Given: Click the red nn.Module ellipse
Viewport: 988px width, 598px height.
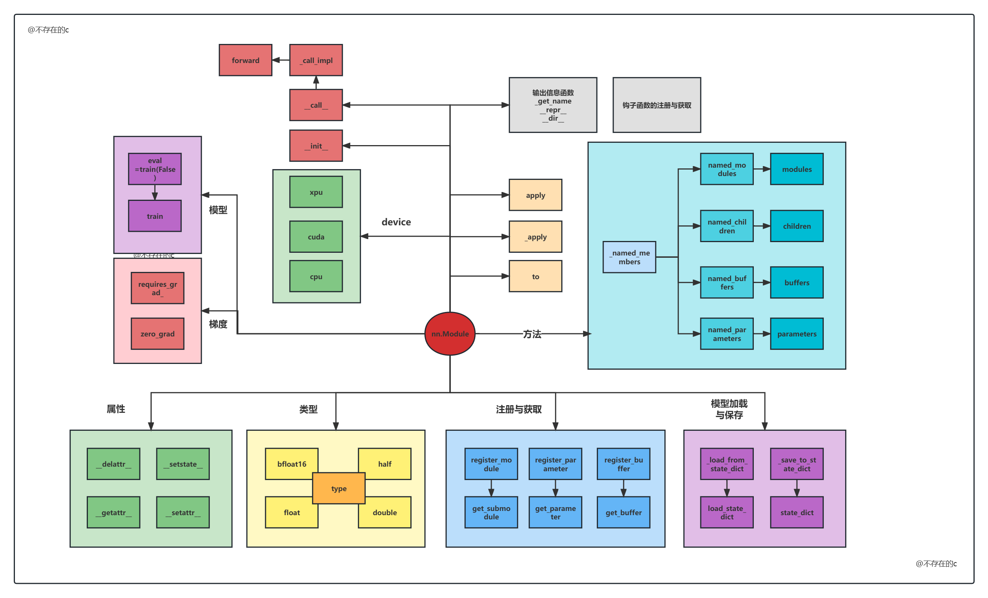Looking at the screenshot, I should (x=450, y=333).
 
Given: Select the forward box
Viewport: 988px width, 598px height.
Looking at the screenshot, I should (x=245, y=60).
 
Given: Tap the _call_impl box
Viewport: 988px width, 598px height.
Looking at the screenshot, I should (x=316, y=60).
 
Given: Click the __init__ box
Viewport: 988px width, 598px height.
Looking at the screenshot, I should (x=316, y=145).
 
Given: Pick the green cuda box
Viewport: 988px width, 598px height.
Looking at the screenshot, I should (x=316, y=236).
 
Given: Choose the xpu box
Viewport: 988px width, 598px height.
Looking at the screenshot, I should (x=316, y=192).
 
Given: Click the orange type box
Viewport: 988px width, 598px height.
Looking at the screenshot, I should (x=339, y=488).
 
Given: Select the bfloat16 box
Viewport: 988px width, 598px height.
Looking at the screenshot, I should (x=292, y=464).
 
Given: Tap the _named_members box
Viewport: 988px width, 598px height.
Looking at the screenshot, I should (x=629, y=257).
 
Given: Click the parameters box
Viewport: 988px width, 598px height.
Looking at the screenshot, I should (x=796, y=333).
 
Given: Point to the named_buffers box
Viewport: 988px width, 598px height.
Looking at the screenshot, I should (x=727, y=282).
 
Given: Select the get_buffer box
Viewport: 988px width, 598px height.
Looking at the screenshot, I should (x=623, y=512).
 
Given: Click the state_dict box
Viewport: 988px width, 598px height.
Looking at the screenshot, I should (x=796, y=512).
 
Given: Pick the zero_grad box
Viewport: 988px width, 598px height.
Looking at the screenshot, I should (x=157, y=333).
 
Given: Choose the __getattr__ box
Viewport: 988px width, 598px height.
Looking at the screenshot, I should (x=113, y=512).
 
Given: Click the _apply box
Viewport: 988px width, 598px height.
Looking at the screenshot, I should (x=535, y=236).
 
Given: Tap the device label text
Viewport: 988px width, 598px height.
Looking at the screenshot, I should (x=396, y=221).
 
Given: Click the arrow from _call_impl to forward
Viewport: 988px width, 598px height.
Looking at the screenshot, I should (x=281, y=60).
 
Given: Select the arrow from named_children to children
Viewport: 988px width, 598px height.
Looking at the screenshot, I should (x=761, y=226).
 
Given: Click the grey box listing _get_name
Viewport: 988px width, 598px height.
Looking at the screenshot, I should (x=552, y=105).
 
